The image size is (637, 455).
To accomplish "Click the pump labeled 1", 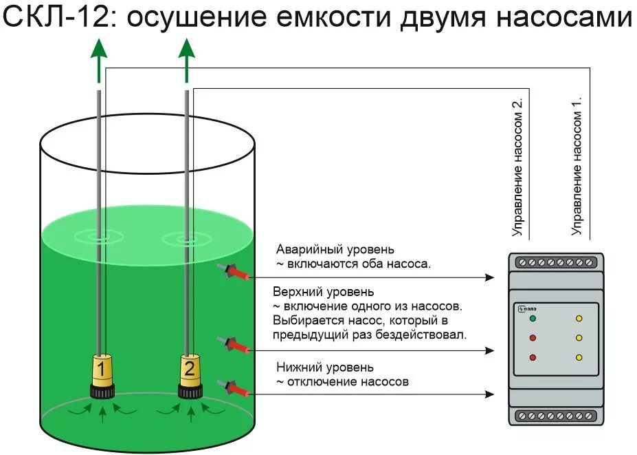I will pyautogui.click(x=102, y=375).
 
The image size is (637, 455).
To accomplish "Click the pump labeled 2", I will pyautogui.click(x=189, y=375).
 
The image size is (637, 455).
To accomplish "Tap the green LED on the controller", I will pyautogui.click(x=533, y=319).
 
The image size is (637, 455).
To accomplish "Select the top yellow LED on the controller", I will pyautogui.click(x=579, y=319).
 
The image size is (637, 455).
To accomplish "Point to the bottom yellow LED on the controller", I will pyautogui.click(x=579, y=357).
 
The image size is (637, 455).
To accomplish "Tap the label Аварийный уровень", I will pyautogui.click(x=335, y=248).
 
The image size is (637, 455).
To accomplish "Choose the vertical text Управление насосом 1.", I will pyautogui.click(x=578, y=166).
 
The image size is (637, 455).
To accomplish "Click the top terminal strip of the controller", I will pyautogui.click(x=556, y=262).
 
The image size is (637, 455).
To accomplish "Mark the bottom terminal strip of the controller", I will pyautogui.click(x=556, y=416).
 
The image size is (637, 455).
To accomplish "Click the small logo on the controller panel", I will pyautogui.click(x=526, y=308).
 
